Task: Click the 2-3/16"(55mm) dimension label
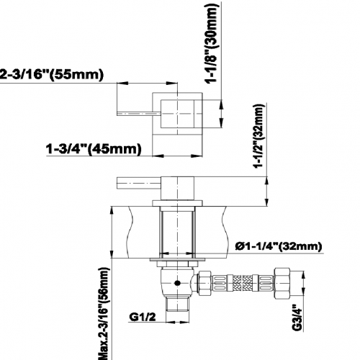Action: click(x=52, y=74)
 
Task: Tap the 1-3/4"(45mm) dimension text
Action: click(x=94, y=149)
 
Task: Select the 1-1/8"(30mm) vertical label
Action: click(x=212, y=42)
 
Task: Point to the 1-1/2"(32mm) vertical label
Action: click(x=259, y=136)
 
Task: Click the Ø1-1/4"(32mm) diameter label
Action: click(x=279, y=246)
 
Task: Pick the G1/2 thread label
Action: click(x=143, y=317)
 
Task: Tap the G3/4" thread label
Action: click(x=297, y=318)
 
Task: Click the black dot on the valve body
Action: click(x=177, y=283)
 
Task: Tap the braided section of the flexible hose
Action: click(x=243, y=283)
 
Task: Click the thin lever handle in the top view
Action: click(x=139, y=114)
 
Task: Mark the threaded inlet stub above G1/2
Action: click(x=177, y=304)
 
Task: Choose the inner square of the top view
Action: click(x=177, y=114)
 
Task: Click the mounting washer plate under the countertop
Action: click(x=178, y=260)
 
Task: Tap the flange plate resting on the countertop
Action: click(x=177, y=203)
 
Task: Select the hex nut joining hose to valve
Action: click(x=204, y=283)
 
